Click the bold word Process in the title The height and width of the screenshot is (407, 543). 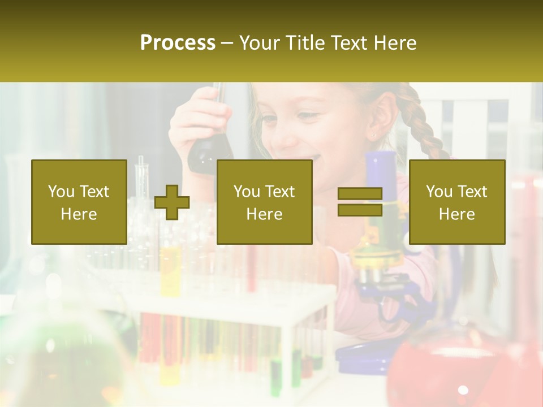click(x=178, y=43)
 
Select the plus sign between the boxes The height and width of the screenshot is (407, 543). click(x=172, y=202)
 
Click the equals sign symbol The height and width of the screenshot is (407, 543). click(x=360, y=202)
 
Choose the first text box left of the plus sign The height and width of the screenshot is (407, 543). click(x=79, y=202)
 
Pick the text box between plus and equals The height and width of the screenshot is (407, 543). click(x=264, y=202)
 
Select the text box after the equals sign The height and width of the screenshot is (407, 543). click(x=456, y=202)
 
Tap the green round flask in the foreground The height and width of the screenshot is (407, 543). click(x=62, y=362)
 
